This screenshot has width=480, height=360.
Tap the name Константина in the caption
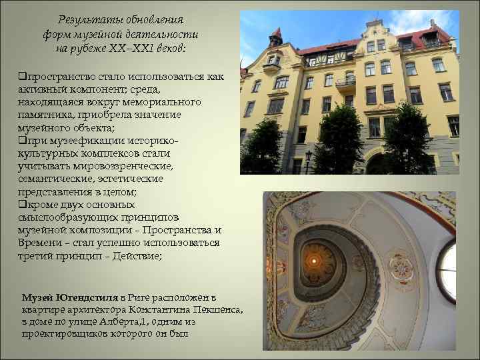(x=164, y=309)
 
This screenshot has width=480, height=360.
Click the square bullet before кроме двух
(x=23, y=205)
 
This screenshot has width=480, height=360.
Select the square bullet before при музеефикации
(x=23, y=141)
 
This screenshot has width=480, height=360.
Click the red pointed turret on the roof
(x=276, y=35)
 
